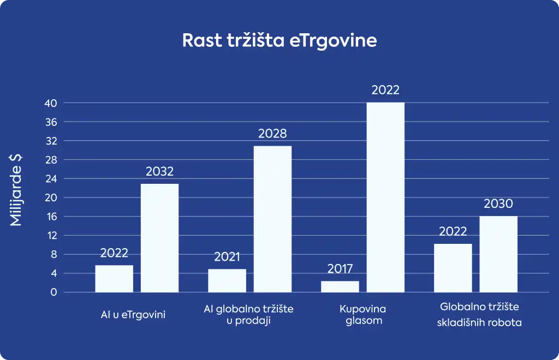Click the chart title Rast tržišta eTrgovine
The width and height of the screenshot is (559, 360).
(x=279, y=40)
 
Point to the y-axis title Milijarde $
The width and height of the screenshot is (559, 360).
(x=16, y=190)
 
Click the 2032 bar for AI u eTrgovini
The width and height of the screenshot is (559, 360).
(x=160, y=238)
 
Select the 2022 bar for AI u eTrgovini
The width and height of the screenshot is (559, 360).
(x=114, y=279)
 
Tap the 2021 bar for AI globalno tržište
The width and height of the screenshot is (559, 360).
(x=227, y=280)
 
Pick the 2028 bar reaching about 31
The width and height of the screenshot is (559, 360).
(x=272, y=219)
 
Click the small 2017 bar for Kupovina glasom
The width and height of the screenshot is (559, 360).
(x=340, y=287)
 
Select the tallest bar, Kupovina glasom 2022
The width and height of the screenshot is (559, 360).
(x=385, y=197)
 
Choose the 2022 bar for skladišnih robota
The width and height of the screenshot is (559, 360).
(x=453, y=268)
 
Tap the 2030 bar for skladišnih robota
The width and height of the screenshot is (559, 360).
(x=498, y=254)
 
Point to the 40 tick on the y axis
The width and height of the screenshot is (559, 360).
(x=51, y=103)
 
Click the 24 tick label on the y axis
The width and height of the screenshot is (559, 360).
(x=51, y=179)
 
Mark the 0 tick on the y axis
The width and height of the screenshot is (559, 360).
(x=53, y=292)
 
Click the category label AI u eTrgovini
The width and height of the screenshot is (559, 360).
(x=133, y=315)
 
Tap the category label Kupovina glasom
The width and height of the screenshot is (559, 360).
(x=363, y=315)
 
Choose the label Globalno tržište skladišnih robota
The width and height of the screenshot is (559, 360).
(x=479, y=314)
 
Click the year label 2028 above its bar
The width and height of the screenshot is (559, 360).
(x=272, y=134)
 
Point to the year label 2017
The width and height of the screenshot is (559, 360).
(x=340, y=269)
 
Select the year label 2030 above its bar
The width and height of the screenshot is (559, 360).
(x=498, y=203)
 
